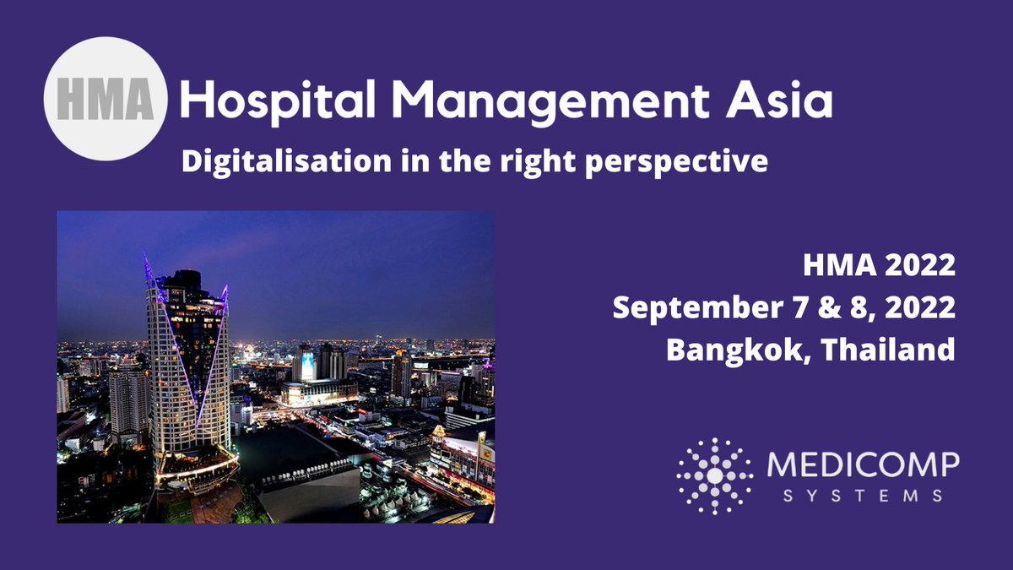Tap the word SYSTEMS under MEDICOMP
863,497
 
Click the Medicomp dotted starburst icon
714,475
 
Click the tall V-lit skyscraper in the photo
187,372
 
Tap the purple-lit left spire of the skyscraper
149,270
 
